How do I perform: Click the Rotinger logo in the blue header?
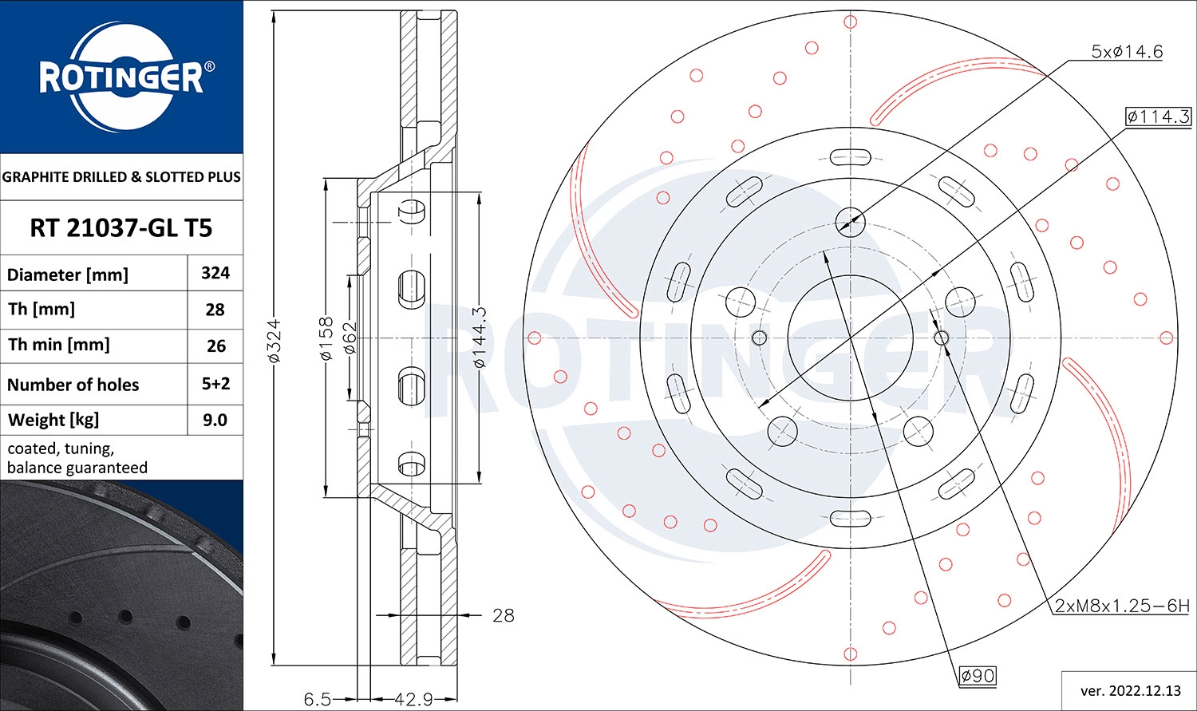pos(122,77)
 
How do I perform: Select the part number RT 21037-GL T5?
pos(120,228)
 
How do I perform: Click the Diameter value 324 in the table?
pos(215,273)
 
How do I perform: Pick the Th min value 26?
pos(215,346)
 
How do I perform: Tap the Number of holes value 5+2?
pos(215,384)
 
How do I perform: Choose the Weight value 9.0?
pos(215,420)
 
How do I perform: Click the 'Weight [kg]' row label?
pos(53,420)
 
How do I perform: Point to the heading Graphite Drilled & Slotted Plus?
pos(121,177)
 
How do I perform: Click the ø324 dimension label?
pos(274,342)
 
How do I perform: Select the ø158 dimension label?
pos(326,338)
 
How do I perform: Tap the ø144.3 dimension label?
pos(479,338)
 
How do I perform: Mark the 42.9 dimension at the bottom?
pos(413,700)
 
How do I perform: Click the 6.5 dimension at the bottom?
pos(317,700)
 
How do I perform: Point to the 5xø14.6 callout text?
pos(1127,52)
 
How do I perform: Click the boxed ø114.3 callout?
pos(1158,117)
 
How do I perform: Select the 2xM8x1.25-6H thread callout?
pos(1121,606)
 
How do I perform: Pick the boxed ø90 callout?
pos(978,676)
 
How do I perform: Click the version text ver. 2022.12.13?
pos(1130,690)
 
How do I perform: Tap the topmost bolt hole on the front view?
pos(850,220)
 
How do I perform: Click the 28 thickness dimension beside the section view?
pos(503,615)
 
